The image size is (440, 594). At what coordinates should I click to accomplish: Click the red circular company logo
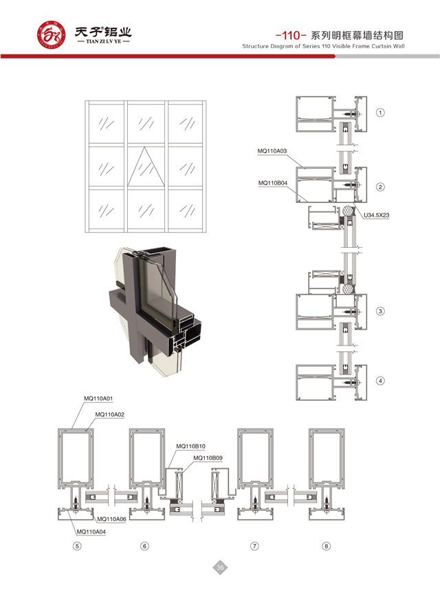tap(51, 35)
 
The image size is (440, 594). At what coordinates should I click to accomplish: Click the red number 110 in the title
tap(291, 36)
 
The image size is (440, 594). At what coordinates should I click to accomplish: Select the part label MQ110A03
tap(272, 151)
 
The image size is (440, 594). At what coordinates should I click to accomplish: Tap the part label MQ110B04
tap(273, 183)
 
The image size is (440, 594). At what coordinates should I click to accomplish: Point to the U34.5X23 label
tap(377, 215)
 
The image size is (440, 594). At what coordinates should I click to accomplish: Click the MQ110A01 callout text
tap(98, 399)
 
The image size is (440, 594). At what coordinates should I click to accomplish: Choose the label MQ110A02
tap(110, 414)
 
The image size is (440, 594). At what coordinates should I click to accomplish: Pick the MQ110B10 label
tap(190, 446)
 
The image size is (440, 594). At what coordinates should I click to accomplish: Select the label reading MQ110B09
tap(208, 458)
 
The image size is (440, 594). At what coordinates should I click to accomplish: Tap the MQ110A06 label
tap(111, 519)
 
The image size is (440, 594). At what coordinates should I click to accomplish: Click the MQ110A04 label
tap(91, 532)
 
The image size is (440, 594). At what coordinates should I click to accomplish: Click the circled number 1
tap(380, 112)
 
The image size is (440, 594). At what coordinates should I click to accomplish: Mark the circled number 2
tap(380, 187)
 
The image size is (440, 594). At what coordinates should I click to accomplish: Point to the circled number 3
tap(380, 311)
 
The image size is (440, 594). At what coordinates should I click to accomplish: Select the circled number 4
tap(380, 381)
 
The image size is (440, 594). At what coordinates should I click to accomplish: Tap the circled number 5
tap(77, 546)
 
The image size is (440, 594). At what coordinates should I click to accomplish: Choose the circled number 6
tap(144, 546)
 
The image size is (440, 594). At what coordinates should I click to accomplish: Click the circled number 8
tap(326, 546)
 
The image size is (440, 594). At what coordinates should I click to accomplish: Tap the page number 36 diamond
tap(220, 567)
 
